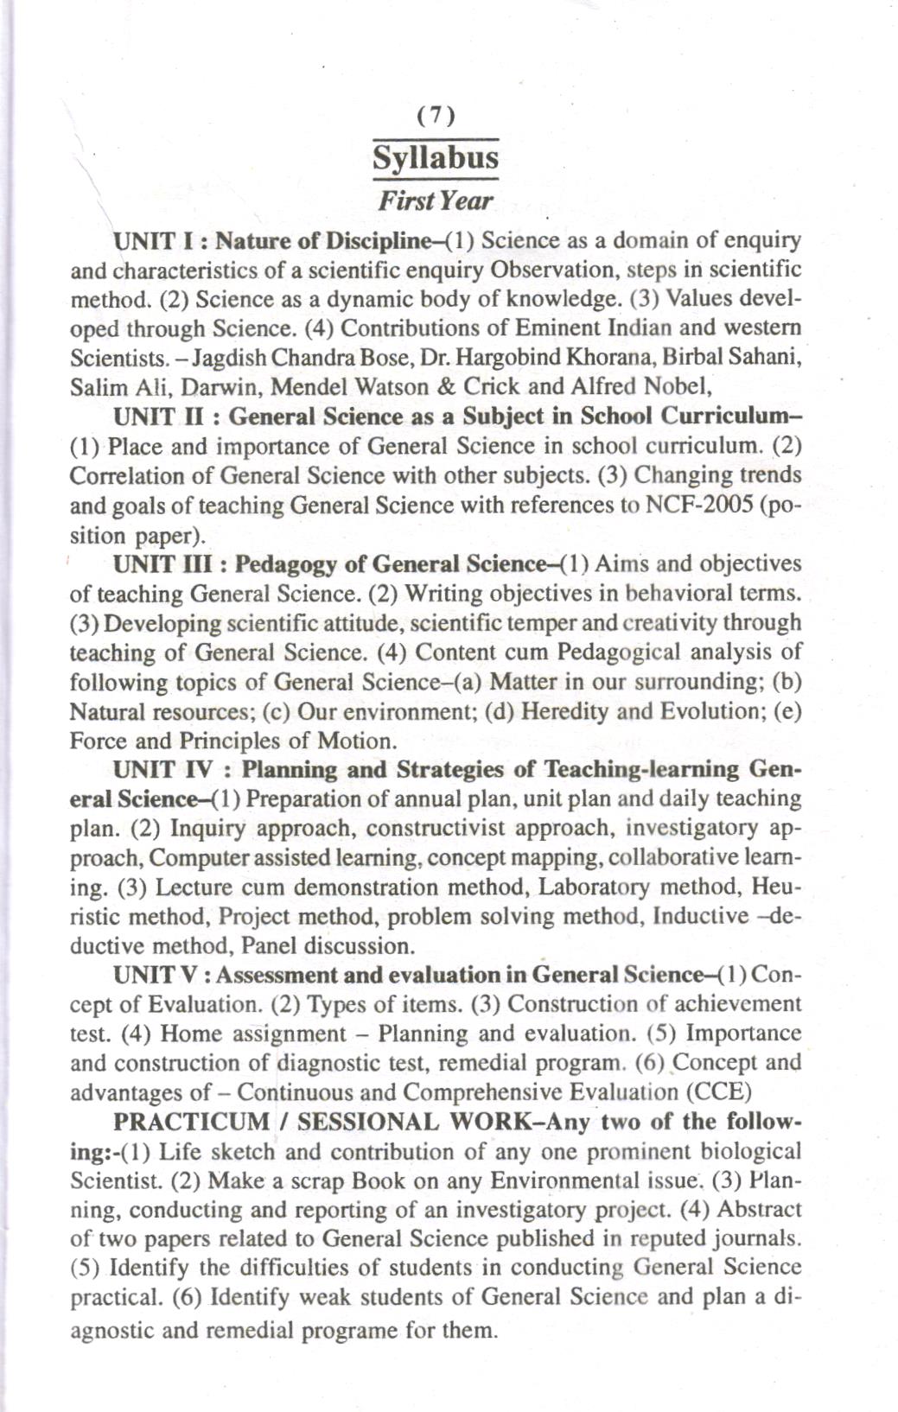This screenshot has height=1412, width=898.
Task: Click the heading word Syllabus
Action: point(436,159)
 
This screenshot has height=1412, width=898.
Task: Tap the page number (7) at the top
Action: point(436,115)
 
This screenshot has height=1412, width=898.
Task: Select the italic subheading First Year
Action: point(436,201)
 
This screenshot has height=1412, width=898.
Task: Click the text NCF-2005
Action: point(699,505)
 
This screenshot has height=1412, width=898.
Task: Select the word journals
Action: point(760,1238)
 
